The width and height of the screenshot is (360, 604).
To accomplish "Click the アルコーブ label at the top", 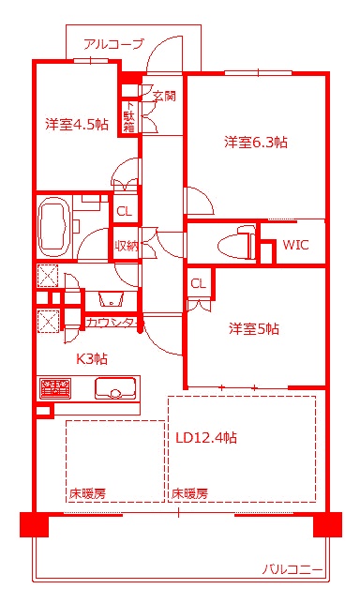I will click(x=113, y=43).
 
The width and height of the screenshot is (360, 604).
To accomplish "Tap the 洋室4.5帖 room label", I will click(x=76, y=124).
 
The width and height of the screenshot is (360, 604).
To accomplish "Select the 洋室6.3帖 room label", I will click(x=255, y=143).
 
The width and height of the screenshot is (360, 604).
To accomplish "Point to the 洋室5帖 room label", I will click(x=254, y=329).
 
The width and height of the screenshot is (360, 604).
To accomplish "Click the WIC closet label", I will click(x=295, y=246).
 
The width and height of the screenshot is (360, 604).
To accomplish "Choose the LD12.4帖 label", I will click(x=205, y=437).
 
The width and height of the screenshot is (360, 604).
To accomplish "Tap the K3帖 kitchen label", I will click(x=92, y=358).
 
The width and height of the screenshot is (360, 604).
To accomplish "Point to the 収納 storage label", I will click(x=127, y=246).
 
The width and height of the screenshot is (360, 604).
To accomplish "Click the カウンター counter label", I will click(x=112, y=323).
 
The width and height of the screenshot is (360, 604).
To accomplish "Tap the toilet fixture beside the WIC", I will click(x=235, y=246).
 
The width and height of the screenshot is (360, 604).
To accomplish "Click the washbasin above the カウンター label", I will click(x=111, y=300).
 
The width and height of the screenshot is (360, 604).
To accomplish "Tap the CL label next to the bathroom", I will click(x=124, y=212).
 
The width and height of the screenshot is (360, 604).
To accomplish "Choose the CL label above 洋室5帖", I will click(x=198, y=283).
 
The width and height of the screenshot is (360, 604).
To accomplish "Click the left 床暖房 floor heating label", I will click(x=85, y=492).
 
